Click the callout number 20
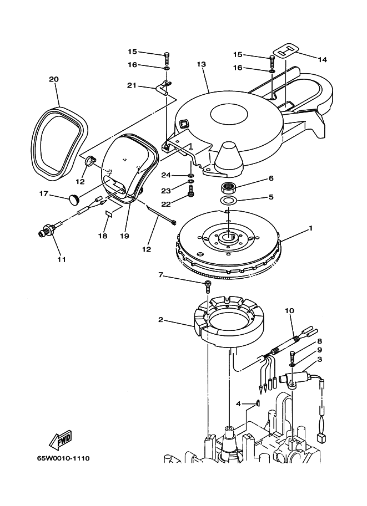[53, 79]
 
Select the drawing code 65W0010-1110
[63, 459]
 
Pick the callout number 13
[201, 65]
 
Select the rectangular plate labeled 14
[288, 49]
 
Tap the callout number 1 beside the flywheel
[311, 228]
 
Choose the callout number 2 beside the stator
[160, 320]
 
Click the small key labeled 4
[258, 403]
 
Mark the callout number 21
[131, 85]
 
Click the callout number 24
[165, 175]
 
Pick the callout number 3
[319, 360]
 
